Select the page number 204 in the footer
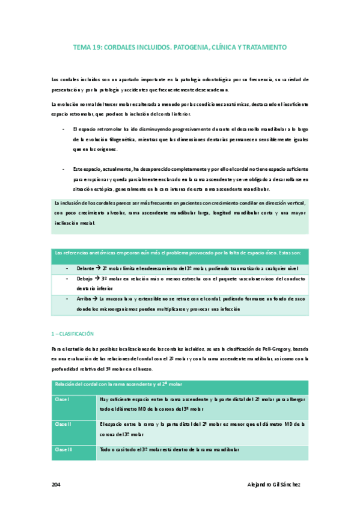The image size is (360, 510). pyautogui.click(x=56, y=485)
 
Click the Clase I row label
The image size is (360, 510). pyautogui.click(x=62, y=399)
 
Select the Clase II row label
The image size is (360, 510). pyautogui.click(x=63, y=424)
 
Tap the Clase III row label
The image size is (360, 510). pyautogui.click(x=63, y=449)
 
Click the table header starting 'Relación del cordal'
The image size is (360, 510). pyautogui.click(x=118, y=384)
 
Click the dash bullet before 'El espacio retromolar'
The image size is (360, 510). pyautogui.click(x=64, y=129)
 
